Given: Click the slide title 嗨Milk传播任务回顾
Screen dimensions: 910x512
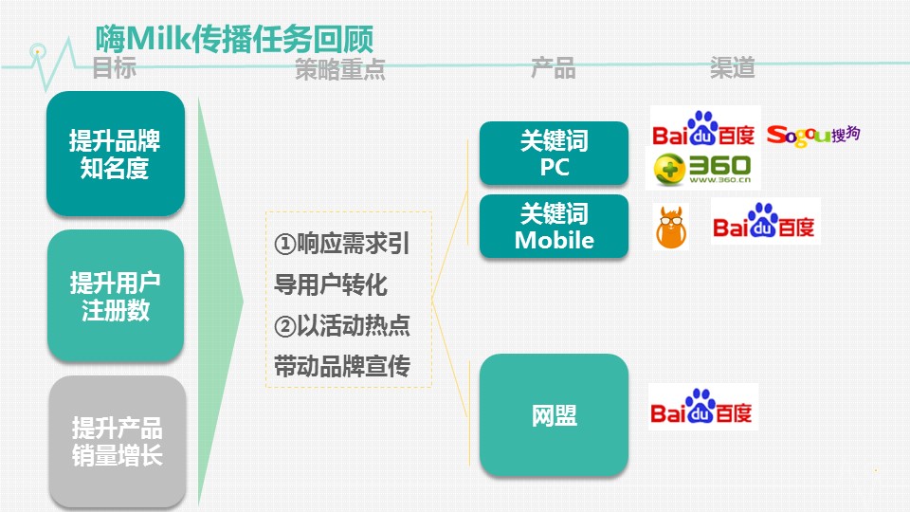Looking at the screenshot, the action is [234, 40].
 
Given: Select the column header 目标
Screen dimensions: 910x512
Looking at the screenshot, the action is [115, 67].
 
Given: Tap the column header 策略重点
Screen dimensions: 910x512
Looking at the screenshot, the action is [339, 68].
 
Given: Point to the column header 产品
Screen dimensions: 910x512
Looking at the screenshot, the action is [553, 68].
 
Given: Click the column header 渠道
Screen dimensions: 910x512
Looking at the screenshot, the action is [733, 67].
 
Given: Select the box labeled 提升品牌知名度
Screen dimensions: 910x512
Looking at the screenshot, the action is [116, 154].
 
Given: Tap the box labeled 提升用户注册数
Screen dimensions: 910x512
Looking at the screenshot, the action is [116, 296].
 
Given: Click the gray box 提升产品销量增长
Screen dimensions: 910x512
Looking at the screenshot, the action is [118, 441].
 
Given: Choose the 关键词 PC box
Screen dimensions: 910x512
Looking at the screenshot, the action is [554, 154].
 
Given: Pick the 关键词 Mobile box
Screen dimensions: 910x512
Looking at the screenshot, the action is [554, 227].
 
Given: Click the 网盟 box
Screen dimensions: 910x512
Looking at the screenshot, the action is [554, 415].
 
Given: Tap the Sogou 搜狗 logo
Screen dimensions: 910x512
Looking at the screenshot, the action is [813, 136].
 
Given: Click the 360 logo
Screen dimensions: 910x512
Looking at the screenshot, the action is [702, 170].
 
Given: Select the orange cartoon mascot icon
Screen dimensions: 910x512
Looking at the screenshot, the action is [671, 227].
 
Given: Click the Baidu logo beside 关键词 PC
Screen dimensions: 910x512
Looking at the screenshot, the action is [703, 129].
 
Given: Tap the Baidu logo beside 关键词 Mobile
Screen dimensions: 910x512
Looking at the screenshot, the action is [764, 221].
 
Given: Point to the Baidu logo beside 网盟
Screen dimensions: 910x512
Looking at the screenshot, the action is [702, 407].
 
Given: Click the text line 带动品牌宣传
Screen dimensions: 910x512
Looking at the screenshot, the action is [342, 366].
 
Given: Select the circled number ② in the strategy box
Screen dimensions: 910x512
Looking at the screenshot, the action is [285, 325].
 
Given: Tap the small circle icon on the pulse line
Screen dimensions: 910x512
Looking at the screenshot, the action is [38, 51].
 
